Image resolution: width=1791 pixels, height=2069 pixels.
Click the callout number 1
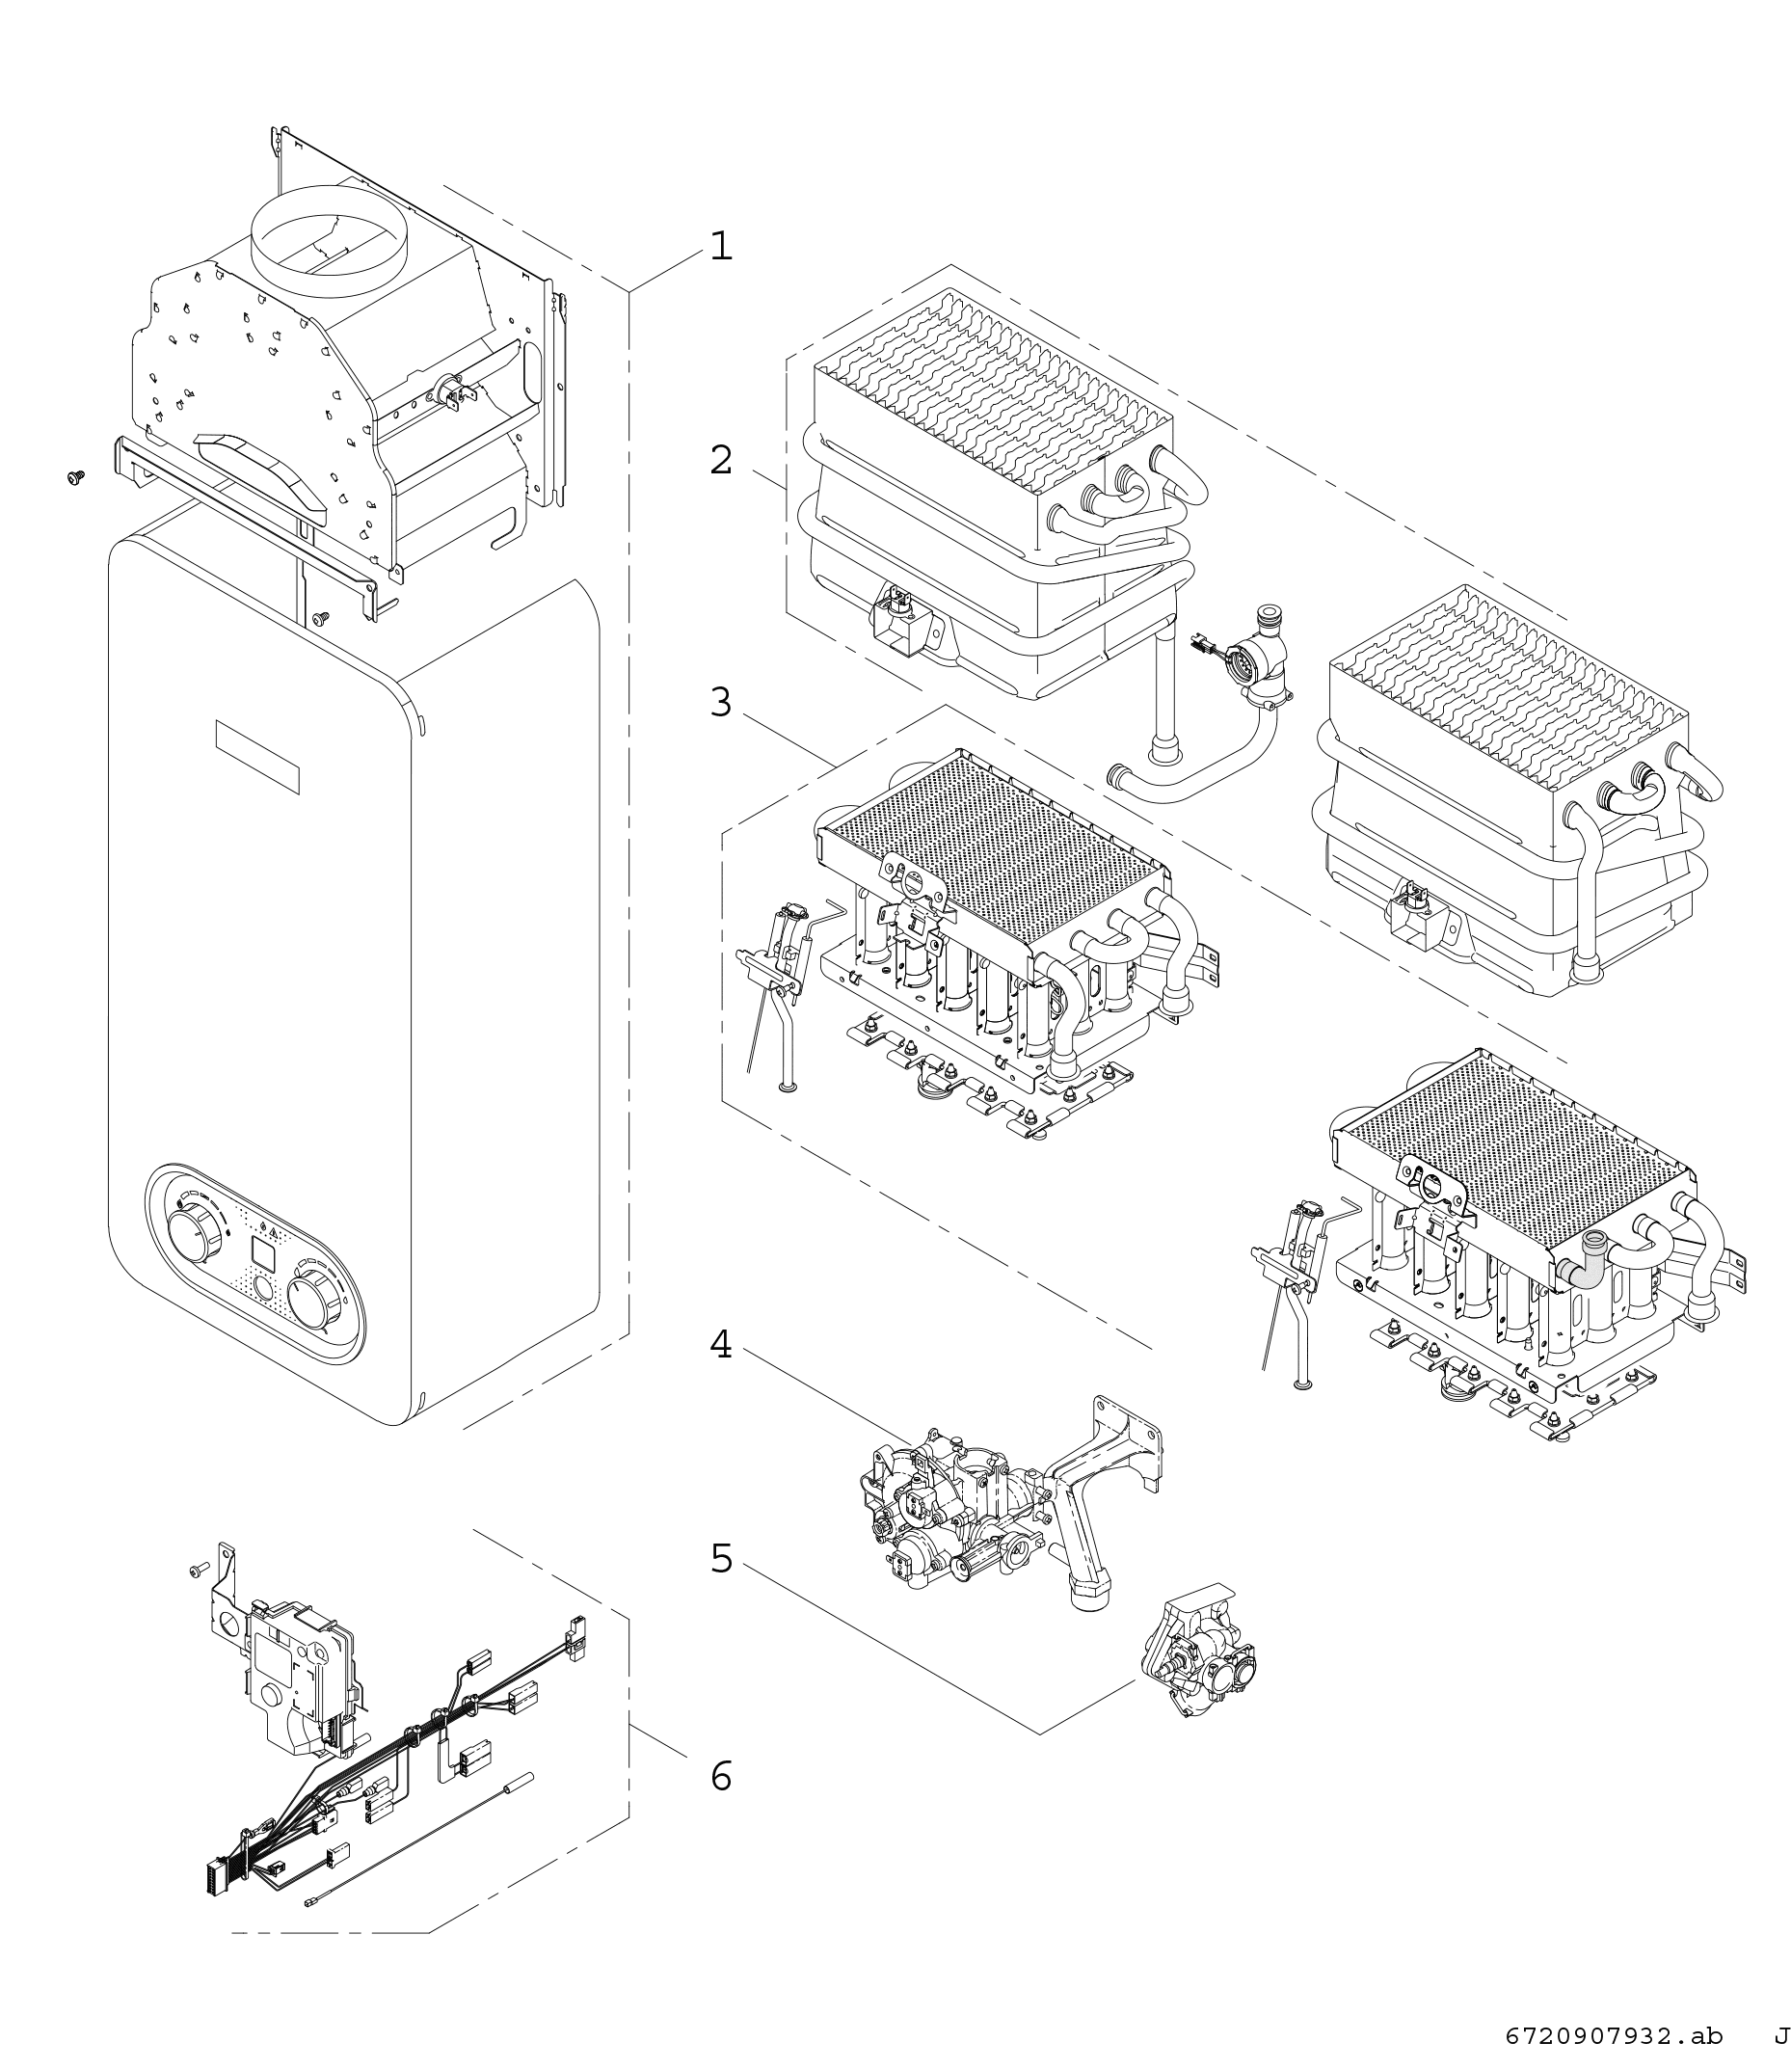pos(721,246)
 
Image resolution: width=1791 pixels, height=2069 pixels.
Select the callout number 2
pos(721,461)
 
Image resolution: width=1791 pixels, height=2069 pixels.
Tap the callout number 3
pos(721,703)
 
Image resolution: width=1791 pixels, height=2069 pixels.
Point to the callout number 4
pos(721,1345)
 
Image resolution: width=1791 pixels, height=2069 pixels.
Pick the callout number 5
pos(721,1558)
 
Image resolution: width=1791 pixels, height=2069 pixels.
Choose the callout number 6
pos(721,1776)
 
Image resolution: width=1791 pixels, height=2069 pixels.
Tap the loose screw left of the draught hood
pos(74,478)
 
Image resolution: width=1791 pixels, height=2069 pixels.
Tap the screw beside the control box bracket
pos(196,1572)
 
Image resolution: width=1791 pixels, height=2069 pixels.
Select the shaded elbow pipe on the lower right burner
pos(1587,1260)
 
